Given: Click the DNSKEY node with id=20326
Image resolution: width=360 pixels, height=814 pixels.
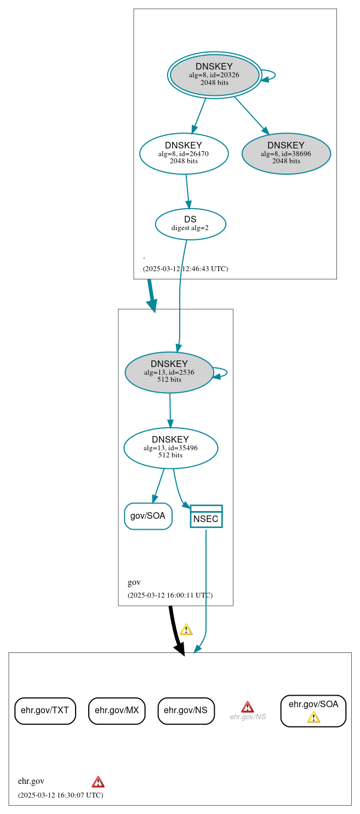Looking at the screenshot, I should click(214, 74).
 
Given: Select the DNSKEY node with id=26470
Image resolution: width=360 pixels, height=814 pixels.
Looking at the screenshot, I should click(184, 153).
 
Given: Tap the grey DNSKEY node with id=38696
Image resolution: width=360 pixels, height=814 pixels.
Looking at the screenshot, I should click(286, 153).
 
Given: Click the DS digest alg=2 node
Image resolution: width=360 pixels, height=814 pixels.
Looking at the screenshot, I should click(190, 223).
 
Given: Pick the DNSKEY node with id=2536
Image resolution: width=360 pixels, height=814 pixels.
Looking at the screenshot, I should click(169, 372).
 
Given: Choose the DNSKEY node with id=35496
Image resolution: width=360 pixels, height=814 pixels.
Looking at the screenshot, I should click(170, 448).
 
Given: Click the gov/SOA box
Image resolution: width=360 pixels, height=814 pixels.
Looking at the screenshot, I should click(148, 516).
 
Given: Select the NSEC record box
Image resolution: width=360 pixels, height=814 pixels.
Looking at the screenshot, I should click(206, 517).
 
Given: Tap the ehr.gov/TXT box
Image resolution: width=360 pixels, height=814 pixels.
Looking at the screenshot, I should click(45, 710).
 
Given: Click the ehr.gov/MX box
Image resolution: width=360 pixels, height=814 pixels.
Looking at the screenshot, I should click(117, 710).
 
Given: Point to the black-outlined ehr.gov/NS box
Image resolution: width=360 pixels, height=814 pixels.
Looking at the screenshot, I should click(186, 710).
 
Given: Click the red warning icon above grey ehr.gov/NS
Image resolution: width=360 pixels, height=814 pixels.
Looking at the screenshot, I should click(248, 707).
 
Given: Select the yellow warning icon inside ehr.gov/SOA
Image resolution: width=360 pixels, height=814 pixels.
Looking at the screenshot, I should click(313, 717).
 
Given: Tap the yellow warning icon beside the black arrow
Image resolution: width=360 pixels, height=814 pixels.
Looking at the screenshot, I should click(186, 629).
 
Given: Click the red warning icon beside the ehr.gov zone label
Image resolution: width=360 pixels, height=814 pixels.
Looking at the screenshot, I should click(98, 782).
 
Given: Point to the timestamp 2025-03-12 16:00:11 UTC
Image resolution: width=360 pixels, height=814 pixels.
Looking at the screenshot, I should click(170, 595).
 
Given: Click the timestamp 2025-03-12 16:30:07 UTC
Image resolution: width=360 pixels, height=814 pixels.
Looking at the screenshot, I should click(60, 795).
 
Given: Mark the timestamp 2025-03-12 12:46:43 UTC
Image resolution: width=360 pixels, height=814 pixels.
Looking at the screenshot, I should click(185, 269).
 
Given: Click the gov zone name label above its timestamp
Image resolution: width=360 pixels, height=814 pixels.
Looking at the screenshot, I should click(134, 582).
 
